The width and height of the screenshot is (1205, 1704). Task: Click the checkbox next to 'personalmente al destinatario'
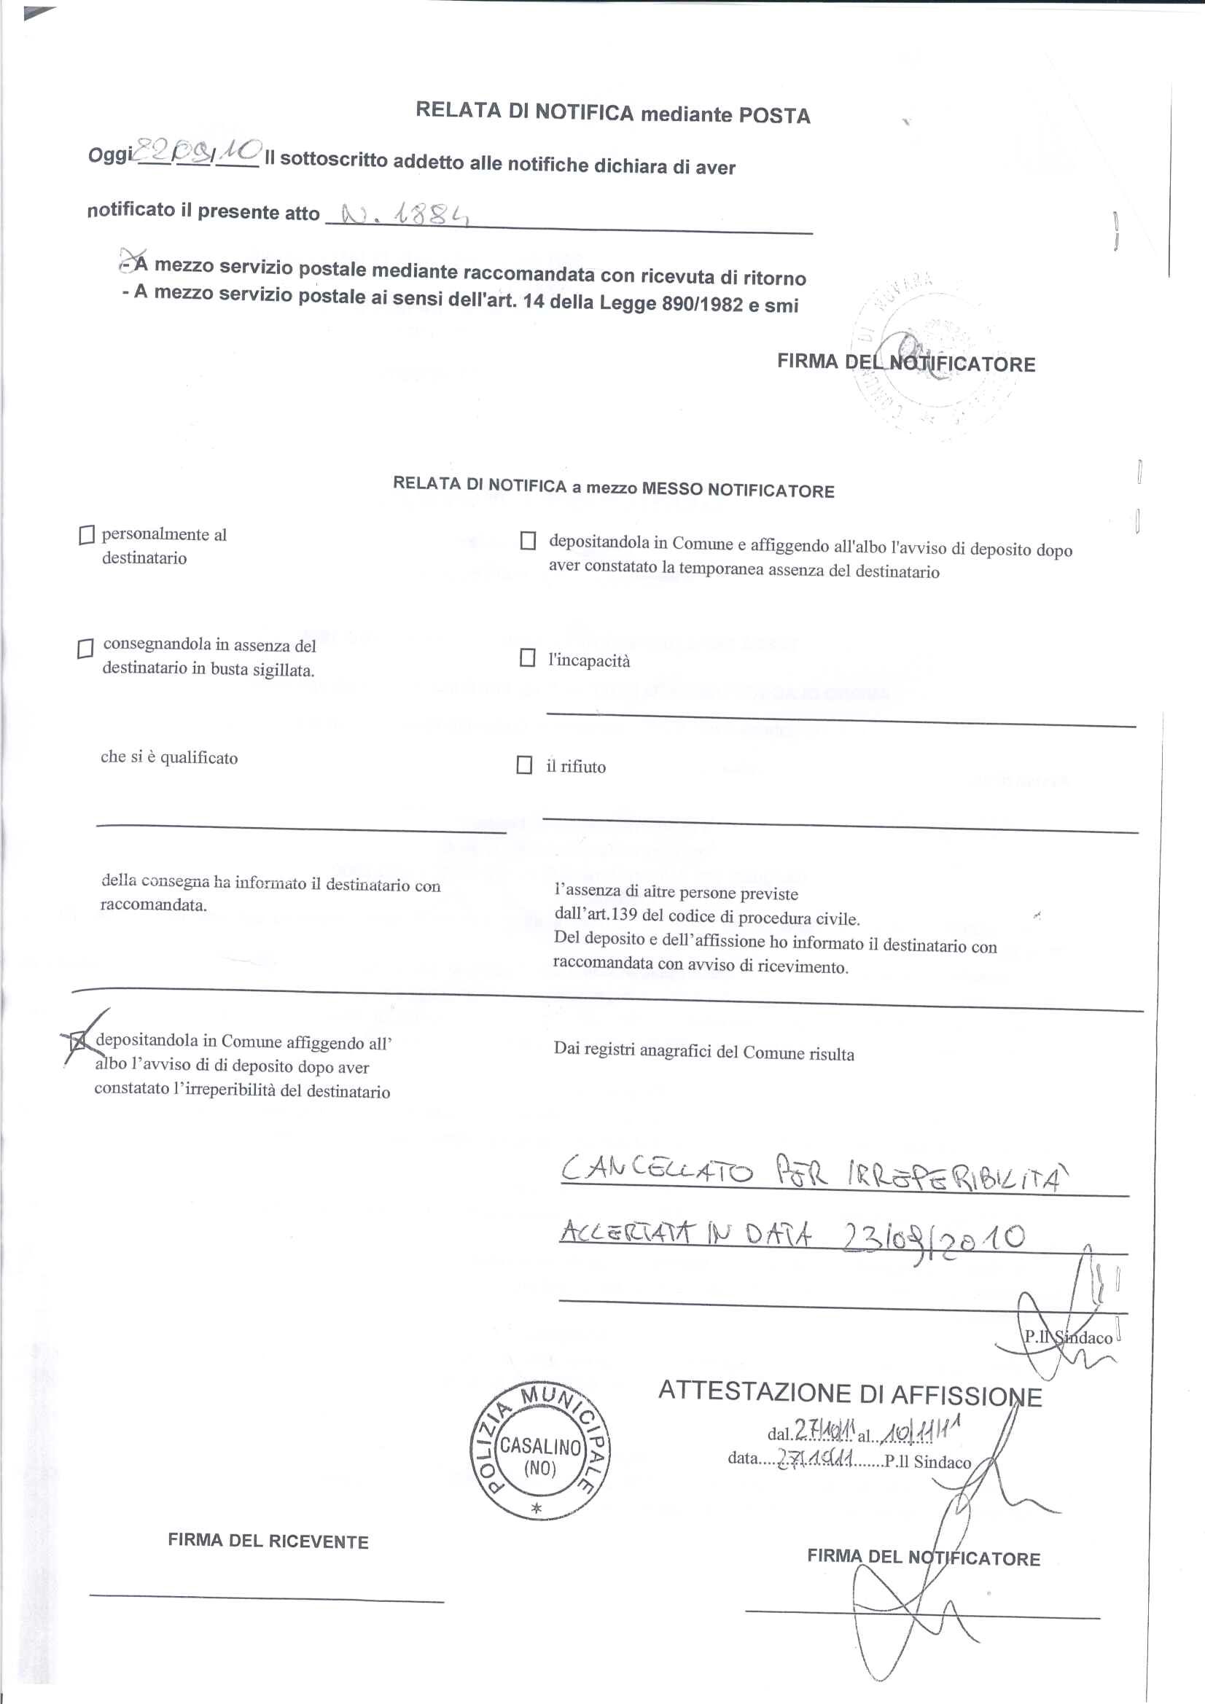point(87,535)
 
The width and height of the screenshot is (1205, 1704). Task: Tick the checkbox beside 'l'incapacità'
point(527,657)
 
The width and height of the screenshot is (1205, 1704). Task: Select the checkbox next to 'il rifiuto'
point(524,765)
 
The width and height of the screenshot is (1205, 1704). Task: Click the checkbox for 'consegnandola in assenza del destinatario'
point(85,649)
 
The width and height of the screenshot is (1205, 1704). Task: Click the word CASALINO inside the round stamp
point(539,1446)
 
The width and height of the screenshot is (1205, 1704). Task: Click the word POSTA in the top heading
point(773,115)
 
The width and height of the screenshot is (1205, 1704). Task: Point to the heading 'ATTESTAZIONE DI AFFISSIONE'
point(850,1394)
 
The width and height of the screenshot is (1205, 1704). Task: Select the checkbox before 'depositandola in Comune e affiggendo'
point(528,540)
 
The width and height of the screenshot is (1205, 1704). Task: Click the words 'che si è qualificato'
point(169,757)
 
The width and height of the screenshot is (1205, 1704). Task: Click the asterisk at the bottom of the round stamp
point(537,1509)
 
